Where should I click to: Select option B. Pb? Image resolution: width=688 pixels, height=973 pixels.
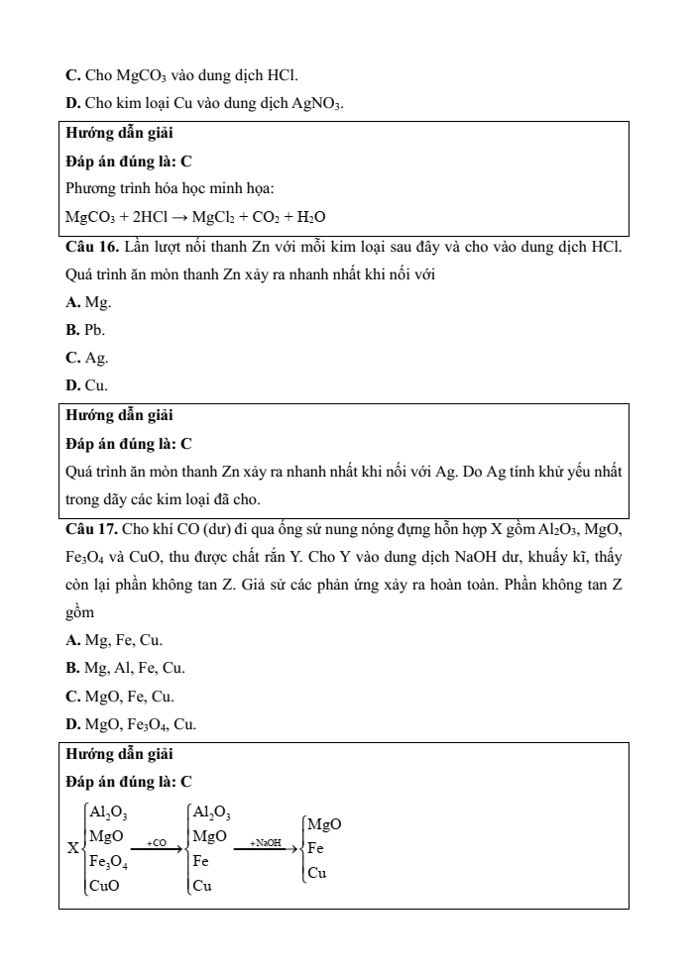85,329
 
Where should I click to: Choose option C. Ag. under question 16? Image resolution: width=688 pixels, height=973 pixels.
86,358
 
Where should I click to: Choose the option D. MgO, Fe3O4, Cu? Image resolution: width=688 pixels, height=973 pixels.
130,725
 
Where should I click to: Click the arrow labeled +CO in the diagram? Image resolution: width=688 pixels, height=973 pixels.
158,848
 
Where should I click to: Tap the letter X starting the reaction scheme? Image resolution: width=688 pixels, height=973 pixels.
72,849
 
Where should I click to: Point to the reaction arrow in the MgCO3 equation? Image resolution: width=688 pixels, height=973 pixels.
183,216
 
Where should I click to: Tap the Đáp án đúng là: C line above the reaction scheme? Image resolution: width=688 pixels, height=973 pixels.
128,781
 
